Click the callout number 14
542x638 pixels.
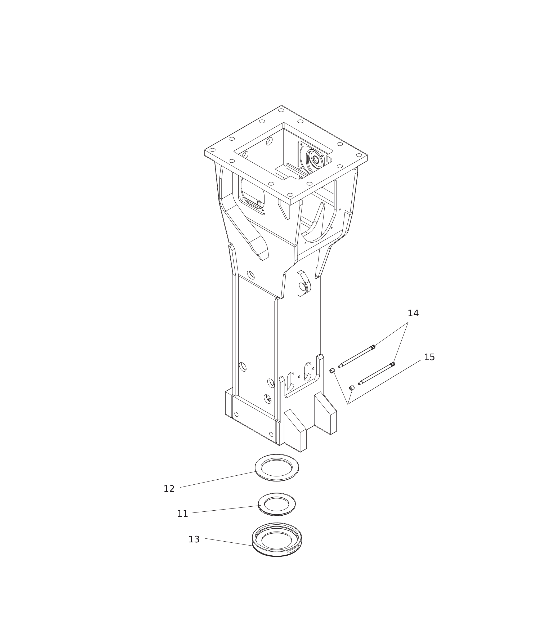(413, 314)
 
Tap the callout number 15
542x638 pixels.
(429, 358)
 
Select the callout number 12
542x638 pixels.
(169, 489)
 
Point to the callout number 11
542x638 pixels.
(182, 514)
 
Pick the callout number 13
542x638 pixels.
(194, 540)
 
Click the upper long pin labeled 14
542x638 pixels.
(356, 356)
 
